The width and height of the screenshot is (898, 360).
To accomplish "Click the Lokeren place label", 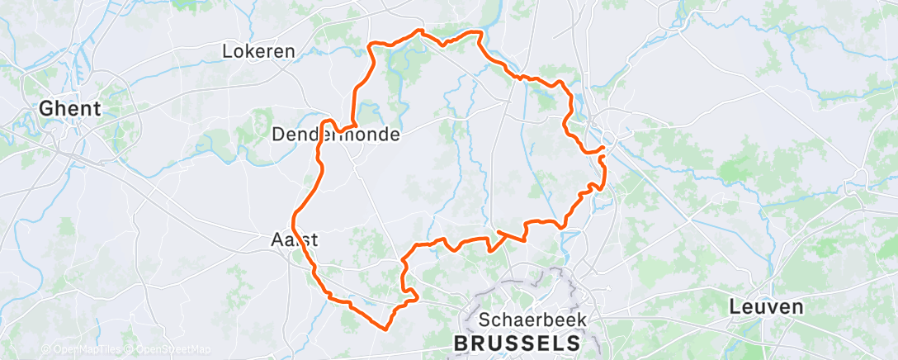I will click(x=258, y=51).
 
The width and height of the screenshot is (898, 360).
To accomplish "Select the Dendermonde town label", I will click(x=335, y=134).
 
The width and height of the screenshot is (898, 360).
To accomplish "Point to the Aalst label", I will click(x=295, y=239).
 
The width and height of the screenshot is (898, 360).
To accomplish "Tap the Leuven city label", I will click(x=766, y=307).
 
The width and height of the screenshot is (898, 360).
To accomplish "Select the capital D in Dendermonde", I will click(x=277, y=134).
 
